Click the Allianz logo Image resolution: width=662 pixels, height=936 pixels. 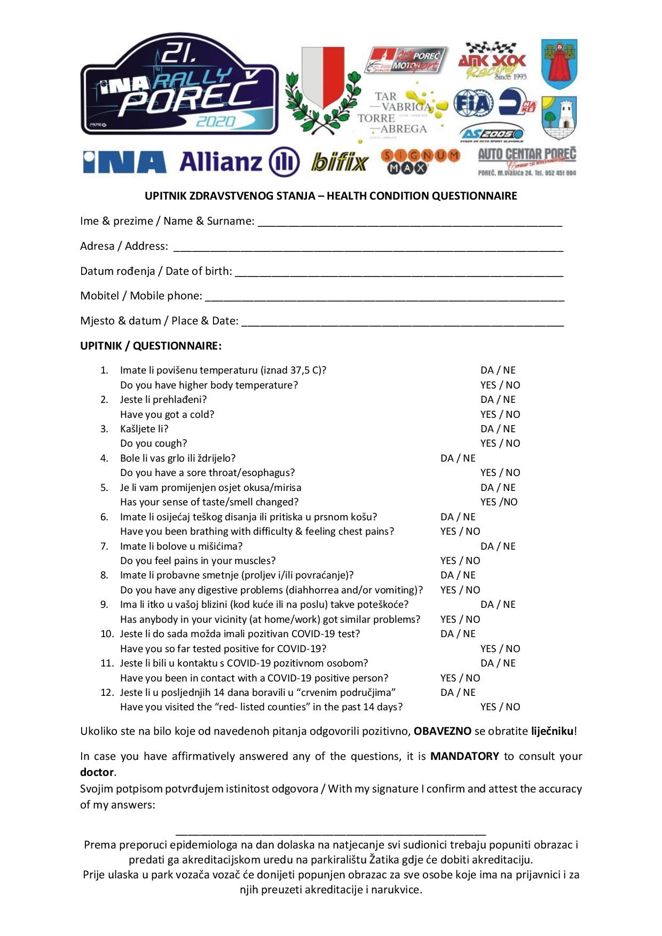[x=239, y=162]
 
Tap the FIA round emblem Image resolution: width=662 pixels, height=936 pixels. [x=473, y=104]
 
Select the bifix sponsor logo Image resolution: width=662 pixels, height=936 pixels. [x=340, y=162]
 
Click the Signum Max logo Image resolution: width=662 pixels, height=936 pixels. [x=420, y=161]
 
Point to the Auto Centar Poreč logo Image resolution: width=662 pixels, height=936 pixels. [x=527, y=161]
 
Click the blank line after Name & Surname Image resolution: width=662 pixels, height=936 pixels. [x=409, y=223]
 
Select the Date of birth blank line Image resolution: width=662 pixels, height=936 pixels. [x=399, y=273]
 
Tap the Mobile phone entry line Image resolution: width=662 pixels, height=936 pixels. [x=384, y=298]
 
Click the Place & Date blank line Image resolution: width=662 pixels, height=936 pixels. [x=403, y=323]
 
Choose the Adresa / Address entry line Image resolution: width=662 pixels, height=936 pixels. [x=368, y=248]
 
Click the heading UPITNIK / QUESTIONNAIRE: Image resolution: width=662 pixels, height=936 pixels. [x=151, y=346]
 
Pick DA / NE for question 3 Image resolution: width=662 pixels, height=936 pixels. [x=498, y=429]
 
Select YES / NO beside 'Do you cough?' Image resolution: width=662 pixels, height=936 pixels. [x=500, y=443]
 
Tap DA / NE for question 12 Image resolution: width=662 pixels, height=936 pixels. [x=458, y=693]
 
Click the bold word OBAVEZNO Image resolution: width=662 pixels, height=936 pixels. [x=442, y=731]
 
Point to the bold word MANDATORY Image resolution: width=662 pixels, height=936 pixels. [x=464, y=756]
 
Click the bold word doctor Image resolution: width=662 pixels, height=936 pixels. [x=97, y=772]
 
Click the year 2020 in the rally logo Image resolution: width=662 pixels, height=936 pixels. [x=215, y=122]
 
